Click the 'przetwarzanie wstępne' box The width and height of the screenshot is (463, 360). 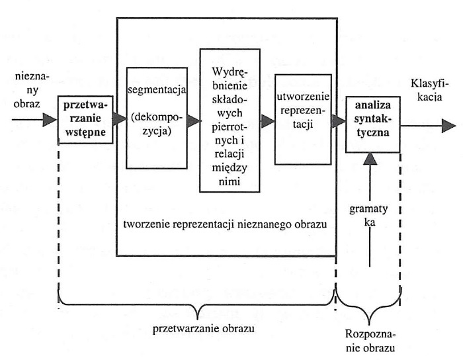tap(85, 120)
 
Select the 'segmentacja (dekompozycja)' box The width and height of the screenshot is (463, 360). tap(157, 122)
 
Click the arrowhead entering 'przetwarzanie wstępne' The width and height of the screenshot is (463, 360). tap(49, 120)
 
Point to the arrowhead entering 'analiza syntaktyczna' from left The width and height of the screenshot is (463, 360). tap(339, 122)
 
